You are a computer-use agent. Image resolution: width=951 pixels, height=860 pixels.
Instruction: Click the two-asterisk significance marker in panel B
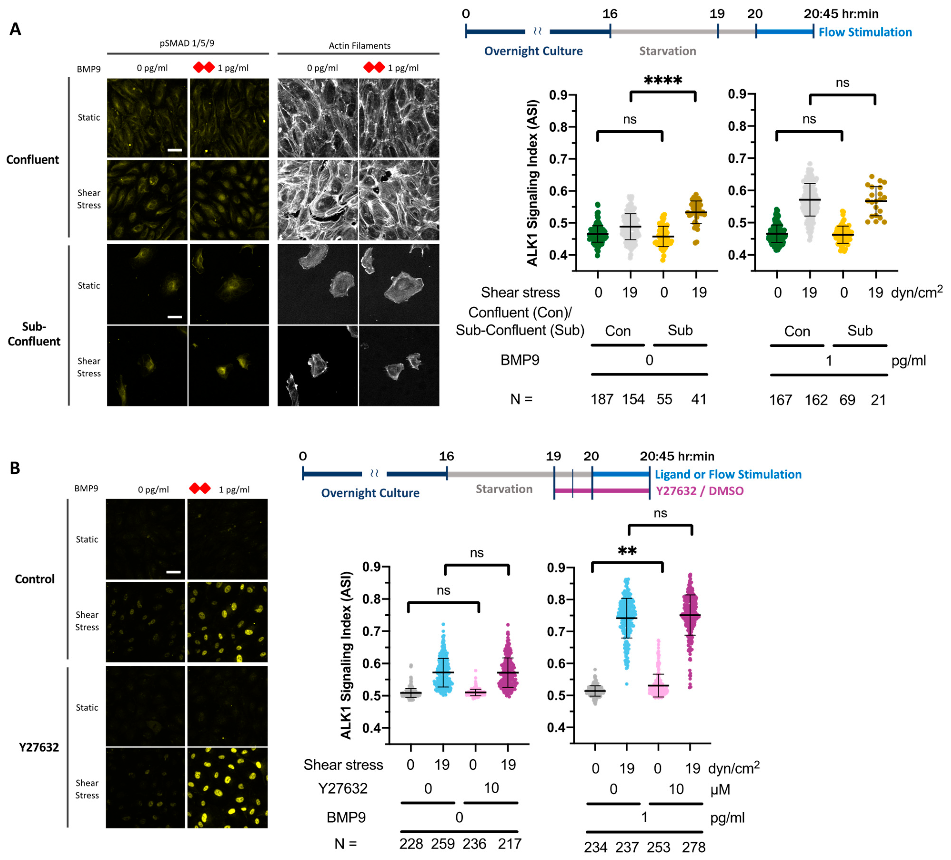click(x=627, y=551)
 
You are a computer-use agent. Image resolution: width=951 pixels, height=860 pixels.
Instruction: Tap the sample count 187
click(x=602, y=399)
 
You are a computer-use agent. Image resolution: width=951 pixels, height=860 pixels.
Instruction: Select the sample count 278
click(x=694, y=847)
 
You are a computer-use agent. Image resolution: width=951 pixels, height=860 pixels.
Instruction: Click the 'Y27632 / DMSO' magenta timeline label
click(x=699, y=491)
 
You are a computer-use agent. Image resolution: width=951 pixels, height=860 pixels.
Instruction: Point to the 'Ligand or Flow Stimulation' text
click(x=728, y=474)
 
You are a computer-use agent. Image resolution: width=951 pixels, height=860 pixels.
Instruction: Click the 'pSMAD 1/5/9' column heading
click(x=187, y=43)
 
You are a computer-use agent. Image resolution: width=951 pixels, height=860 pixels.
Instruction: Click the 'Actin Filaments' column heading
click(x=359, y=46)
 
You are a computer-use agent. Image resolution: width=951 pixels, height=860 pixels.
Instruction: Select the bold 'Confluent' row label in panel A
click(x=33, y=159)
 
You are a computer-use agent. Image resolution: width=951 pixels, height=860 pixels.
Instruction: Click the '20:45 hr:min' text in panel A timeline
click(x=841, y=14)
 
